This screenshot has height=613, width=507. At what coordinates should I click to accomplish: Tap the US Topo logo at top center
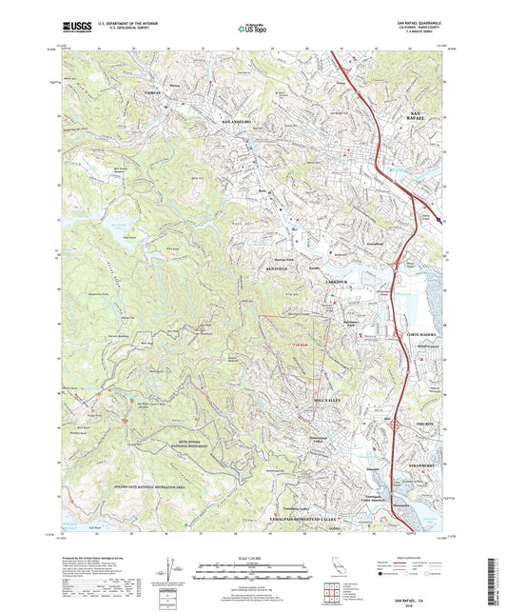251,29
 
